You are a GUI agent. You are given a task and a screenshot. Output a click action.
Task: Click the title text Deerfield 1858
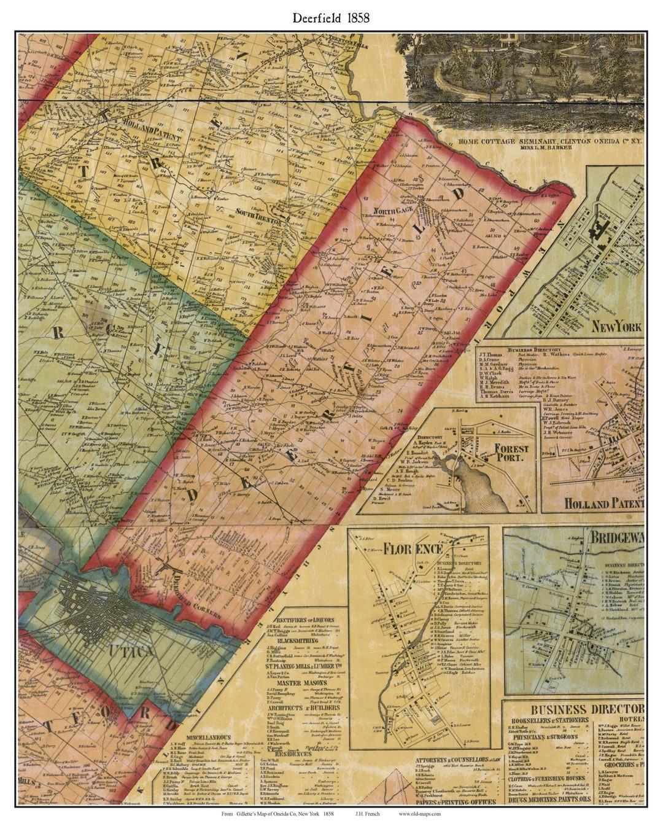pos(331,18)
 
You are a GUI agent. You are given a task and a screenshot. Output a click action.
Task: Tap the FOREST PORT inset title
pos(511,453)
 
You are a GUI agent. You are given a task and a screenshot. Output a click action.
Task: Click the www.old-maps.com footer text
pos(419,814)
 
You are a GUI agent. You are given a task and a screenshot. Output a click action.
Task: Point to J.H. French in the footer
pos(367,814)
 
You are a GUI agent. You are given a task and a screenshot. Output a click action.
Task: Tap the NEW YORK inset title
pos(616,326)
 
